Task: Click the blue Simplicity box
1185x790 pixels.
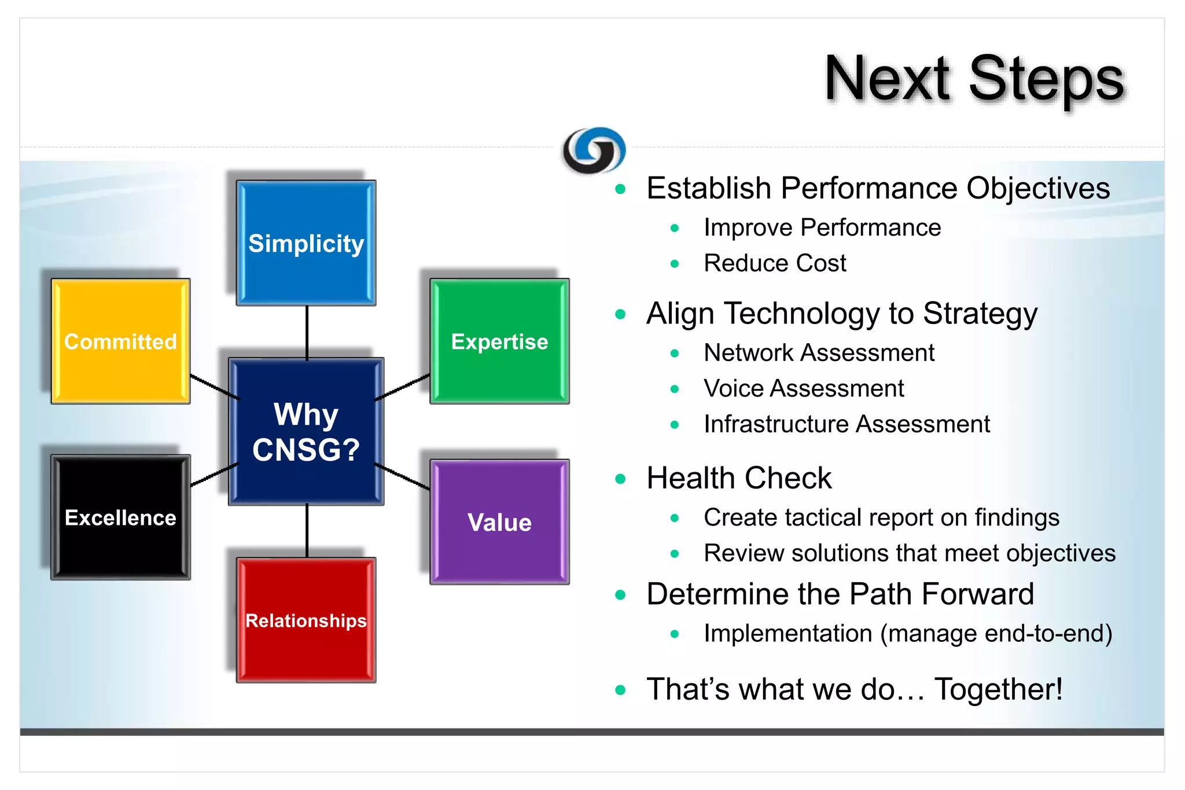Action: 306,243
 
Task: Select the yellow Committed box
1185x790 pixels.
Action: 120,341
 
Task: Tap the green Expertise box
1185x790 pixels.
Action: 499,341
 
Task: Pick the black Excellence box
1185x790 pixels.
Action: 120,517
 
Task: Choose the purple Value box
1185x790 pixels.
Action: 499,522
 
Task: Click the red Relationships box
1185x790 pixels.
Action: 306,620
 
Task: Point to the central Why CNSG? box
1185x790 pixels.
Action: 306,432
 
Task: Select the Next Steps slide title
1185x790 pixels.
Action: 974,79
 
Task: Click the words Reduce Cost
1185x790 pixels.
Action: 775,263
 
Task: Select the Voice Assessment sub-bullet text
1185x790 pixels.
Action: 804,388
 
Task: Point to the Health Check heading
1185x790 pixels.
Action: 739,478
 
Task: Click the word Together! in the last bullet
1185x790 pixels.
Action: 998,689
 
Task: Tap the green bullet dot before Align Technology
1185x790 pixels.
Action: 620,314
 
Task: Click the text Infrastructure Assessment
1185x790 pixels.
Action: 847,424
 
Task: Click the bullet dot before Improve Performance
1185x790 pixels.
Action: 674,228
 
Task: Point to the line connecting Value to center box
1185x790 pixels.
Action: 403,477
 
